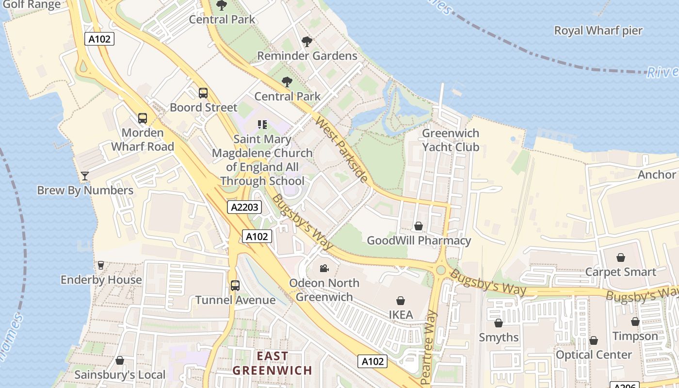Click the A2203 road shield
244,208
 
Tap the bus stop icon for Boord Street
203,93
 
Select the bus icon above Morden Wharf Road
143,118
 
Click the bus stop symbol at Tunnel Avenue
235,286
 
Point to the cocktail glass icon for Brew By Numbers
85,176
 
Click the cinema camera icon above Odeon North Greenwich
324,268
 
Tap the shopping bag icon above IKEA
401,301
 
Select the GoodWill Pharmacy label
419,241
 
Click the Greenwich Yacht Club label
451,140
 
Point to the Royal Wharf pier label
598,31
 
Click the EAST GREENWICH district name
272,364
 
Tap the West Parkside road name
341,149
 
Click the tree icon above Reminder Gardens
307,42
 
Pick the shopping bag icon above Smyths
498,323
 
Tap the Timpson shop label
635,336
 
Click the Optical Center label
594,355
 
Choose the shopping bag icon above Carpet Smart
620,258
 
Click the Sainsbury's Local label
120,375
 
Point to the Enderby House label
101,280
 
